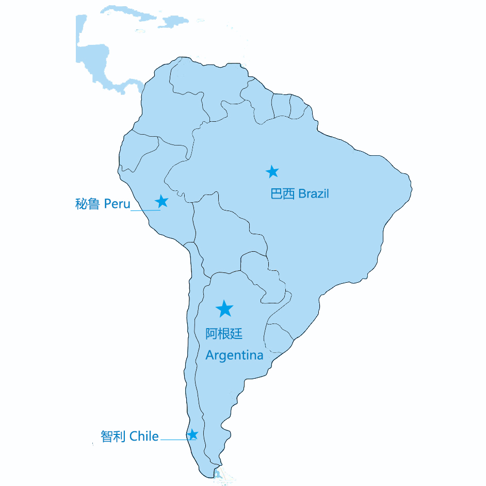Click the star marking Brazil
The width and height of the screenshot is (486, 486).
[272, 172]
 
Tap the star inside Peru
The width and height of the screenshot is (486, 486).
[162, 201]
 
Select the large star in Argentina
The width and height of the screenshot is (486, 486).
[224, 309]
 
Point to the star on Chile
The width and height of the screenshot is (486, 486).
[192, 434]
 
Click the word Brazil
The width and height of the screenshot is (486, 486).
[313, 194]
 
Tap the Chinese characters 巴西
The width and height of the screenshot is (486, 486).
[283, 194]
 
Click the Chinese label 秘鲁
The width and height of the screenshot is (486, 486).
[87, 204]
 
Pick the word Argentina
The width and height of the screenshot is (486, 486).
[234, 355]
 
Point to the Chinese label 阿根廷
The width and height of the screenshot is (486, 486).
[224, 334]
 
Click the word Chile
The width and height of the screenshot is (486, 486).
[144, 436]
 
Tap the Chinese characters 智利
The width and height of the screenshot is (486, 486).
[113, 436]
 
